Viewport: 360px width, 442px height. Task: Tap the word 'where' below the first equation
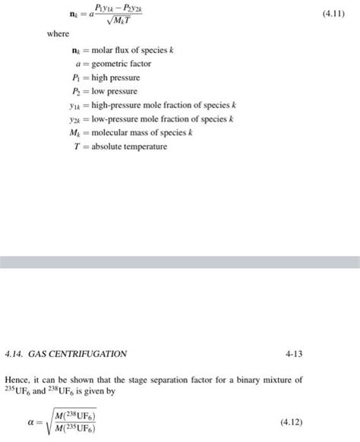pos(58,34)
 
